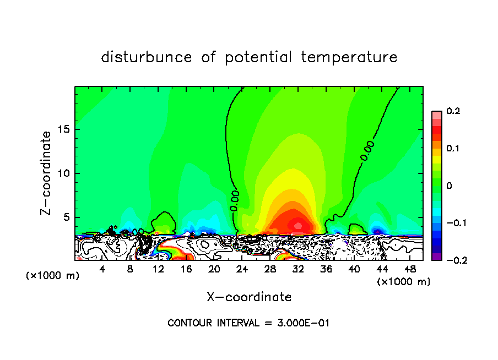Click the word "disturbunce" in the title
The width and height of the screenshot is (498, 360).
point(147,57)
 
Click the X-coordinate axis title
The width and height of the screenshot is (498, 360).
point(249,297)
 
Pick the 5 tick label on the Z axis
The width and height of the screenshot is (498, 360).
point(66,217)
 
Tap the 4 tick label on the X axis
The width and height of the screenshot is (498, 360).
point(102,269)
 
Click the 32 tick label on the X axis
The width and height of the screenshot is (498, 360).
point(298,269)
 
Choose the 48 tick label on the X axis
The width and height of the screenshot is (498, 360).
point(410,269)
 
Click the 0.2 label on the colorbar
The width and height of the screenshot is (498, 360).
point(453,111)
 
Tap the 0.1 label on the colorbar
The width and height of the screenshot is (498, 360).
point(453,149)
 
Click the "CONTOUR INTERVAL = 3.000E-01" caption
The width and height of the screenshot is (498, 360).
point(248,323)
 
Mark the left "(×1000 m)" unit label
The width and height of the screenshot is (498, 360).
point(53,276)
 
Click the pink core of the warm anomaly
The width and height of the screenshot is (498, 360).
point(298,225)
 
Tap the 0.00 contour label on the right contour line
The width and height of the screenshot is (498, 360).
point(368,150)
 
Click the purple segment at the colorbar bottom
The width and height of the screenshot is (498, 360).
point(437,257)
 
